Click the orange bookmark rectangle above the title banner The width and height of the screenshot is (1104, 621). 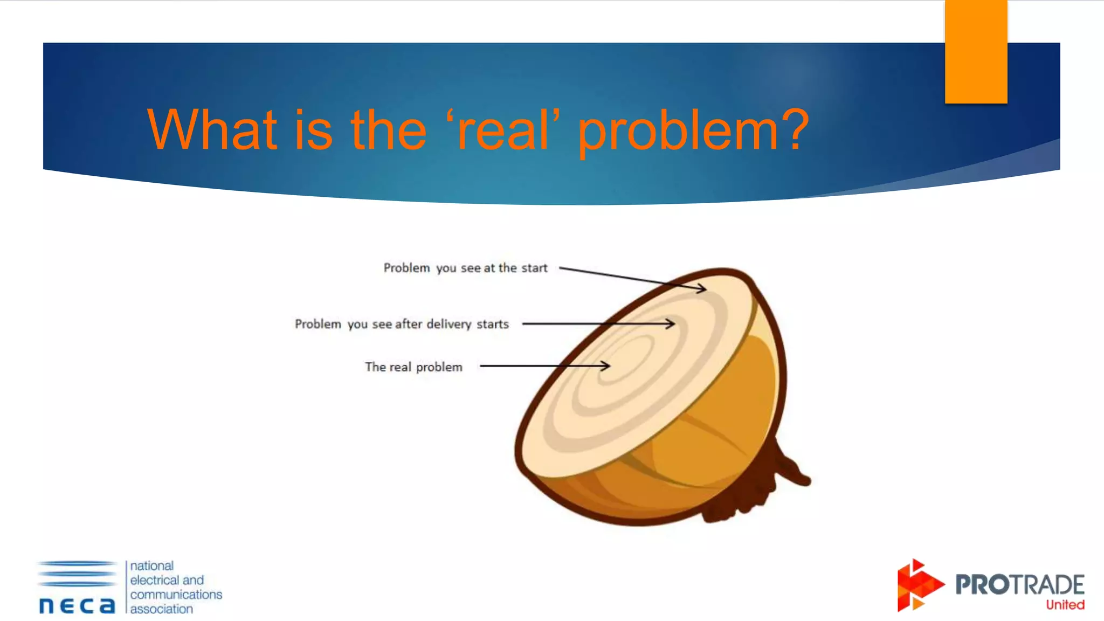tap(976, 52)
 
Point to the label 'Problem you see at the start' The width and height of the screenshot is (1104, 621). tap(465, 268)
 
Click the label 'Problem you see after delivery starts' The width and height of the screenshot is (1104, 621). tap(402, 324)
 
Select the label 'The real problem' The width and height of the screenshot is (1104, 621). tap(413, 367)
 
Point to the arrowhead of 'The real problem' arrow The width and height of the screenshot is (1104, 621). tap(606, 366)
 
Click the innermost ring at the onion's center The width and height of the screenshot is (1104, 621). tap(620, 361)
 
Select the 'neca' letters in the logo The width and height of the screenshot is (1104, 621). tap(77, 605)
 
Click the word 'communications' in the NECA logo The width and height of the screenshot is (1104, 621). tap(176, 595)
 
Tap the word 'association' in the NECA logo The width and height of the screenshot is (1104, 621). tap(161, 609)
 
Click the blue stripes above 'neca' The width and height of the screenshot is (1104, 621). tap(77, 574)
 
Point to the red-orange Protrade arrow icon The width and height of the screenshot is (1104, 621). tap(918, 585)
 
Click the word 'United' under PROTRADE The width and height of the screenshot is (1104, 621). tap(1065, 605)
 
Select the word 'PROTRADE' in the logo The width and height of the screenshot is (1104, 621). tap(1019, 584)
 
